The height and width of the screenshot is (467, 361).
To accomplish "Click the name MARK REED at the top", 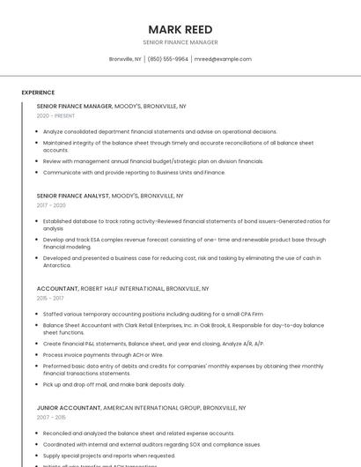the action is (180, 29).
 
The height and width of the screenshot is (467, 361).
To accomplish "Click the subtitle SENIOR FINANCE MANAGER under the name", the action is (180, 42).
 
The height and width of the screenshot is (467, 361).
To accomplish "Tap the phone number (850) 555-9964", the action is (168, 59).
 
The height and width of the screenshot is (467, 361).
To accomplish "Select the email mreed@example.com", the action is (223, 59).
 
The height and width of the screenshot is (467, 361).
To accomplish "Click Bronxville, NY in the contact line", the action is (125, 59).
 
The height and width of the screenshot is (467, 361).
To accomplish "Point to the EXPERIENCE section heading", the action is (38, 92).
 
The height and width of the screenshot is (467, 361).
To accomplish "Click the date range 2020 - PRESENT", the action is (55, 115).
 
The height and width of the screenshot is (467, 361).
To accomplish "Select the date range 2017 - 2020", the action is (51, 204).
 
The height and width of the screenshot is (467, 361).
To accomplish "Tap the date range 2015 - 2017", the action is (51, 298).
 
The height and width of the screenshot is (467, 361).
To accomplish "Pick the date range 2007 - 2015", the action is (51, 418).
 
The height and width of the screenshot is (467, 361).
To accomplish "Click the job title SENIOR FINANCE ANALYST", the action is (73, 196).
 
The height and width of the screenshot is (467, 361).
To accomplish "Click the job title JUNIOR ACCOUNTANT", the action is (69, 408).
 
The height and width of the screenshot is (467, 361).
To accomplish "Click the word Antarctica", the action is (56, 265).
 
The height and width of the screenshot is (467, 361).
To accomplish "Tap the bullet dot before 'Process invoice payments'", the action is (39, 354).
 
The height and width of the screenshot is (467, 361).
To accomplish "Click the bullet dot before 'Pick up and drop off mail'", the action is (39, 384).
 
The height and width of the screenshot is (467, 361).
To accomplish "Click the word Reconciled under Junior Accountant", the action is (58, 434).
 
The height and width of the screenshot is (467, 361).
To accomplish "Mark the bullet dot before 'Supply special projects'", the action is (39, 456).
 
